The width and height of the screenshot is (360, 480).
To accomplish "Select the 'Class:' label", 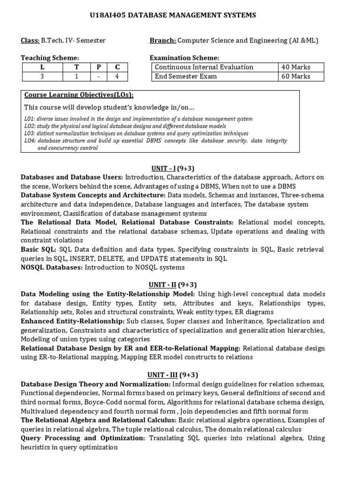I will click(30, 41).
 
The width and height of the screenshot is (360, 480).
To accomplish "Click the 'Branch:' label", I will click(163, 41).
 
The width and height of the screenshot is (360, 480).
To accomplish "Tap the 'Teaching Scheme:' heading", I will click(50, 58).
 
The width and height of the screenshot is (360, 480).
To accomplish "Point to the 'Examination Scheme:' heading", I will click(184, 58).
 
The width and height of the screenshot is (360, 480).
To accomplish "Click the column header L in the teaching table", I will click(42, 67).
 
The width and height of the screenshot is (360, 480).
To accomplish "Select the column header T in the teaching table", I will click(76, 67).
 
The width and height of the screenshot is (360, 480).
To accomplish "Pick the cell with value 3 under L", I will click(42, 76).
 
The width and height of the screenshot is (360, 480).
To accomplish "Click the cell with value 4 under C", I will click(118, 76).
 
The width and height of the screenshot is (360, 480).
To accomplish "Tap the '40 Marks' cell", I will click(295, 67).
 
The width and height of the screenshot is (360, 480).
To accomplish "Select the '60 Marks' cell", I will click(295, 76).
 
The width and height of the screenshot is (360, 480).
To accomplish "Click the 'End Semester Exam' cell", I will click(186, 76).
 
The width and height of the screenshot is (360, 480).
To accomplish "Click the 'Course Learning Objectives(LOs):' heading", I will click(75, 96).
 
